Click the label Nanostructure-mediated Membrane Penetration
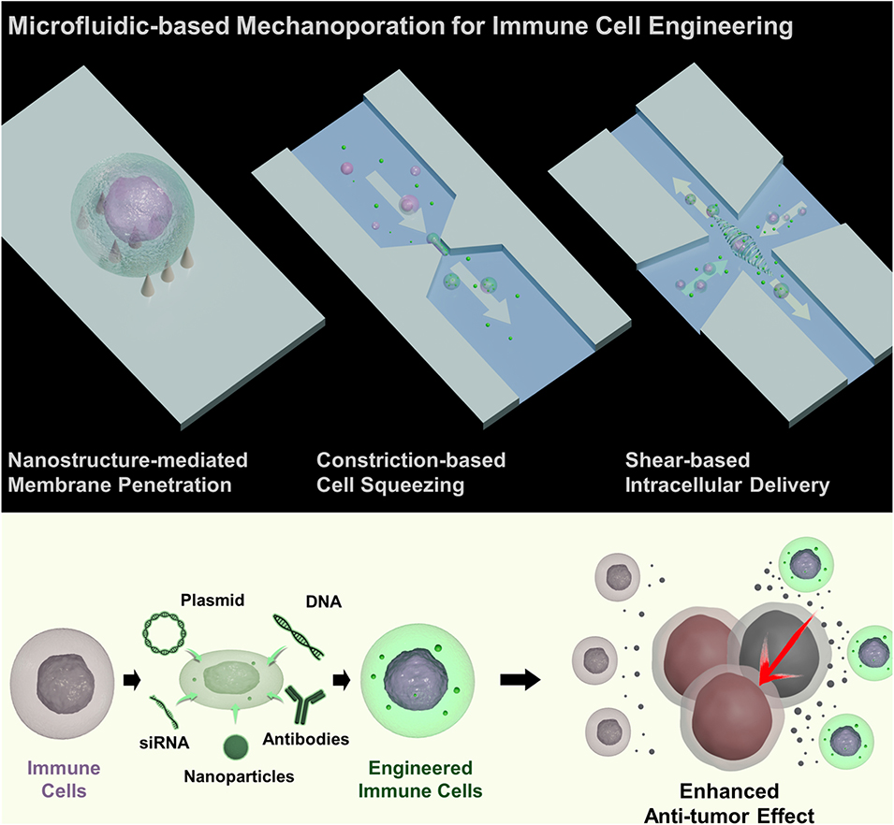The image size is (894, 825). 127,471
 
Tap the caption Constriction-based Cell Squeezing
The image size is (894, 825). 411,471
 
